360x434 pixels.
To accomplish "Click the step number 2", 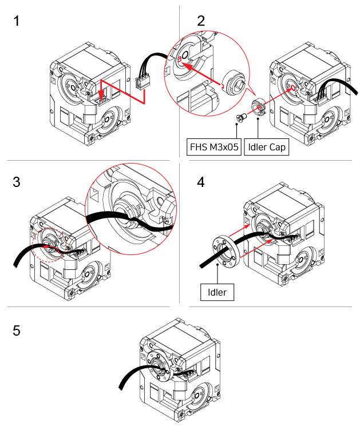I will point(201,22).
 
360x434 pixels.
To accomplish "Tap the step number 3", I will point(17,182).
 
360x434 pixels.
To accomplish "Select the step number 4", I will point(201,182).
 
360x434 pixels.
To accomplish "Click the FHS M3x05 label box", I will point(213,147).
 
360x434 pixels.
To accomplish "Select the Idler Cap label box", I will point(266,147).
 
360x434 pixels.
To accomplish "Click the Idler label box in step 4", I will point(217,292).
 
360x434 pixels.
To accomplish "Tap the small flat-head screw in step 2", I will point(240,117).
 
